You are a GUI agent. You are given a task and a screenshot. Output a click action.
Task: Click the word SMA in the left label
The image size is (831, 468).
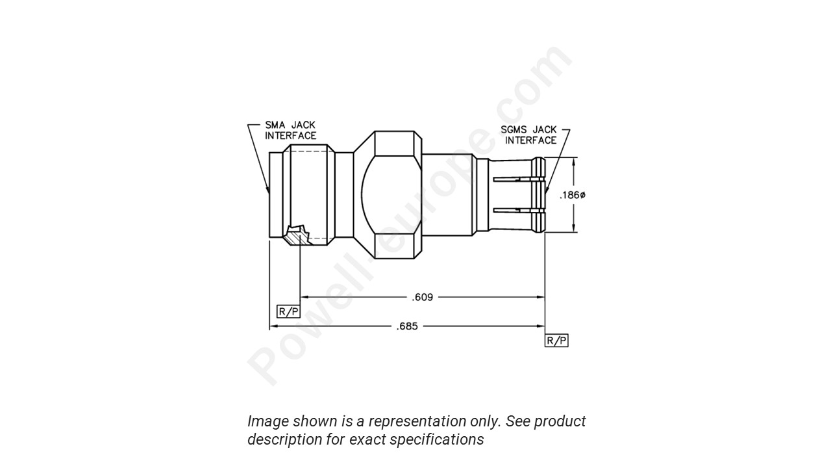[275, 125]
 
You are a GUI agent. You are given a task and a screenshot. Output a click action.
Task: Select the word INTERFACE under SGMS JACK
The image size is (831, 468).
[530, 140]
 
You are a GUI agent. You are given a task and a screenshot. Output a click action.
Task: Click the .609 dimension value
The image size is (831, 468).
[422, 297]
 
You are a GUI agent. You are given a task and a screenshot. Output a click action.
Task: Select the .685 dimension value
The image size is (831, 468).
[407, 326]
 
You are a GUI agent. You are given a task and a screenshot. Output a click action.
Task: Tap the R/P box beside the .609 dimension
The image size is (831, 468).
[288, 311]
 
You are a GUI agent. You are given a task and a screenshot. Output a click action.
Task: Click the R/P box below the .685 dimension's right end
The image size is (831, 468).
[556, 341]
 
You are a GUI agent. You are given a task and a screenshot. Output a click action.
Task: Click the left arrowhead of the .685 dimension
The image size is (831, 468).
[273, 326]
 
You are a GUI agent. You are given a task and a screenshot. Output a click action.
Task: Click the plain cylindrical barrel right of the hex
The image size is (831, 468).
[449, 195]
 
